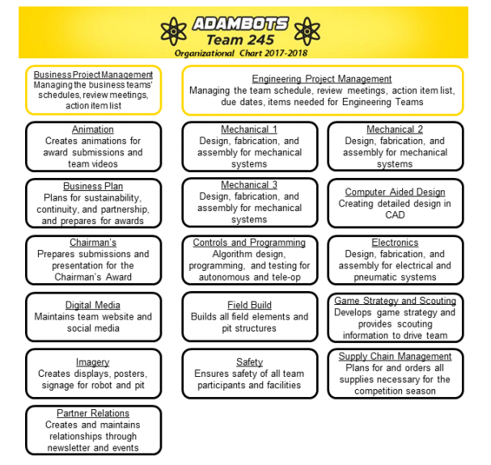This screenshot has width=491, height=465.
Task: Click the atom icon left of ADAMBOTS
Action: coord(173,32)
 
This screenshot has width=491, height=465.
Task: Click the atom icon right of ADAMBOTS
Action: coord(307,32)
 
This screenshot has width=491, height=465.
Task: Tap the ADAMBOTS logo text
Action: coord(240,23)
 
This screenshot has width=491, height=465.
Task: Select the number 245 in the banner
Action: coord(259,40)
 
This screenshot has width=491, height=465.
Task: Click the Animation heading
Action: coord(93,129)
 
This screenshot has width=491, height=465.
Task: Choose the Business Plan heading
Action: coord(93,186)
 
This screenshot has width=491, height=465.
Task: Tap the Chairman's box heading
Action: coord(93,243)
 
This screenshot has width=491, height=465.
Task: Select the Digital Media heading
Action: coord(93,305)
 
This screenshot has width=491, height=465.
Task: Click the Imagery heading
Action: coord(93,362)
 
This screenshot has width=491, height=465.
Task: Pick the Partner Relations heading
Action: coord(93,413)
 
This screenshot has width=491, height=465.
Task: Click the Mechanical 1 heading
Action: coord(249,129)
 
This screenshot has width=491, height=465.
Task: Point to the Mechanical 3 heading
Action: coord(249,184)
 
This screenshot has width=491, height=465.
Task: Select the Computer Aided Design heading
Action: coord(395,192)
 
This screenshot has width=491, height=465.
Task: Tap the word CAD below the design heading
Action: coord(395,215)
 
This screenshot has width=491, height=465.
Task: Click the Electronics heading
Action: coord(395,243)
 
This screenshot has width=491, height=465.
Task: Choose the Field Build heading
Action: coord(249,305)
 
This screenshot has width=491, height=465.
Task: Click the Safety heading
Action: coord(249,362)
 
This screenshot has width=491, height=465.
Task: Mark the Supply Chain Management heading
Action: coord(395,356)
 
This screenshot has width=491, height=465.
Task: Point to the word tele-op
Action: coord(286,277)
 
